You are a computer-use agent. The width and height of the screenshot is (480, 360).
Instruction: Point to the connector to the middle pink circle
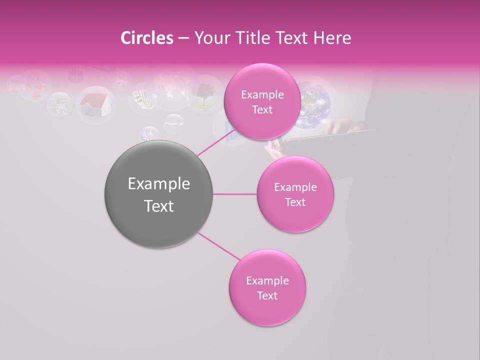[235, 194]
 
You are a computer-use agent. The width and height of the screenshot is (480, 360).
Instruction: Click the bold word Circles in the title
[147, 38]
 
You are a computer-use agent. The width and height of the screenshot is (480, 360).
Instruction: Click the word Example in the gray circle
[159, 184]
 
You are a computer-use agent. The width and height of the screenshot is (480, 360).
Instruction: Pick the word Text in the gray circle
[159, 206]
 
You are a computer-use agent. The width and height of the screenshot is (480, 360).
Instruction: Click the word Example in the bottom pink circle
[267, 281]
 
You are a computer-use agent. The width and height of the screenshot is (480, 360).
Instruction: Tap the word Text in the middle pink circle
[295, 202]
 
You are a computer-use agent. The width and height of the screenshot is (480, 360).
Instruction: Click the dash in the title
[183, 38]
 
